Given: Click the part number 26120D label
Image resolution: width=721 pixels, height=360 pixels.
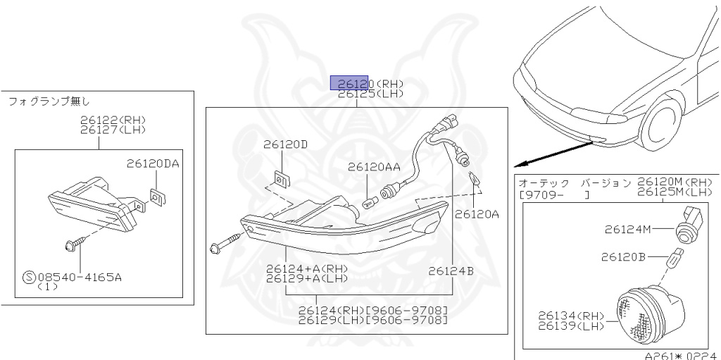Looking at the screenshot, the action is click(x=285, y=144).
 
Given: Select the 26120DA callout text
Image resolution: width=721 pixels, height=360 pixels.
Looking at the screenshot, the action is click(x=153, y=163).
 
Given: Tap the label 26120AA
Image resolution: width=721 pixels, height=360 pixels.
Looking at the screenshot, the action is click(x=374, y=167).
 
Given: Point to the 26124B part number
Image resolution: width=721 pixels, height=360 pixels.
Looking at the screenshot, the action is click(x=451, y=271).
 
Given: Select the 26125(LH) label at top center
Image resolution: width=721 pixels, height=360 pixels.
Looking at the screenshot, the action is click(x=370, y=94).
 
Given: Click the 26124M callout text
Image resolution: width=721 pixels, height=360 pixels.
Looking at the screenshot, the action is click(x=627, y=229).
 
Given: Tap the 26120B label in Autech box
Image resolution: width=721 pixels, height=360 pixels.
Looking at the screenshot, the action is click(x=623, y=257).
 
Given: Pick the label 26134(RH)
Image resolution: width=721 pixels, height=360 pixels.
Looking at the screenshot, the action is click(x=571, y=316).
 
